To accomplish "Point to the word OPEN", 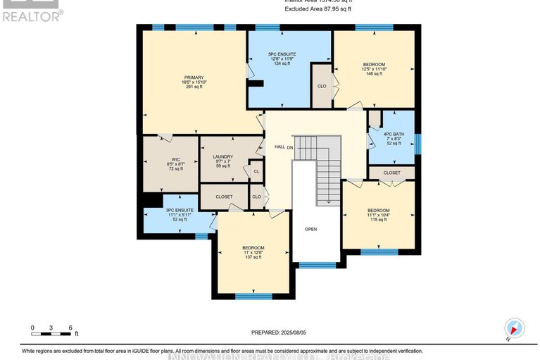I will (311, 230).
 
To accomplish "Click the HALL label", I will (279, 147).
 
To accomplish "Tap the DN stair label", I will (289, 147).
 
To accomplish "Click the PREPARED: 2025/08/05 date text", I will (281, 332).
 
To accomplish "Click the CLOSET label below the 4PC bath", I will (392, 173).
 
